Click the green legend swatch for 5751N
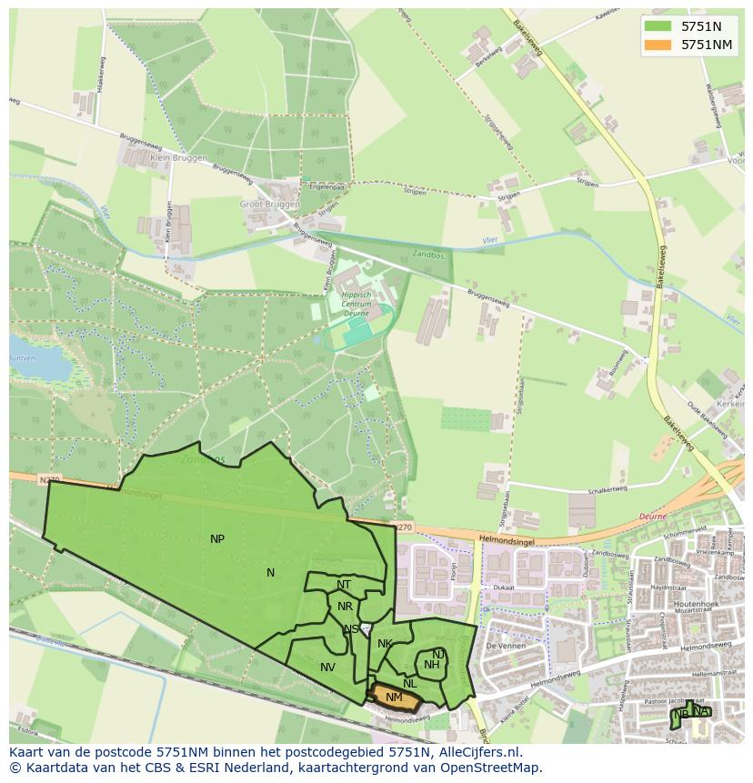click(x=658, y=26)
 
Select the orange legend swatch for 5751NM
click(x=658, y=45)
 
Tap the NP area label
click(x=217, y=539)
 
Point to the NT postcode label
click(x=344, y=585)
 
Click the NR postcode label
click(x=345, y=607)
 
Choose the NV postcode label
click(x=327, y=668)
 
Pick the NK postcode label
click(x=385, y=644)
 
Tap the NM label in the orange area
click(x=394, y=698)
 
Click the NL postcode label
click(x=410, y=684)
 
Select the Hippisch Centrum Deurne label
click(x=356, y=303)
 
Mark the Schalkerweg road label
click(x=607, y=489)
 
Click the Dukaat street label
click(x=505, y=587)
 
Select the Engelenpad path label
click(x=326, y=186)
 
